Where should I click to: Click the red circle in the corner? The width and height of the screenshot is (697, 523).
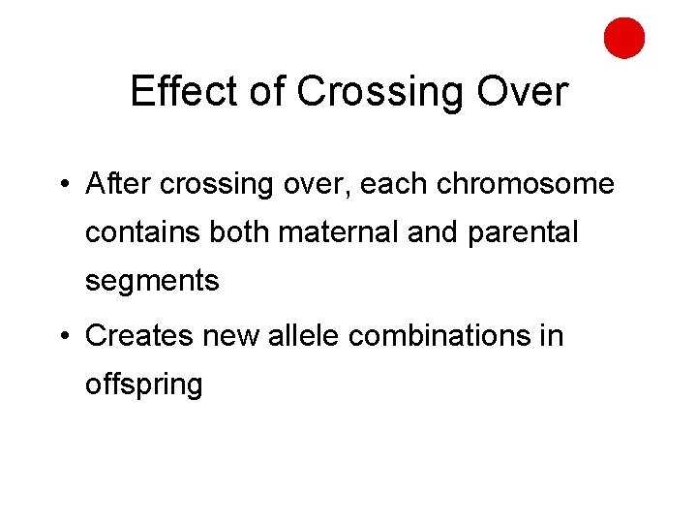[624, 38]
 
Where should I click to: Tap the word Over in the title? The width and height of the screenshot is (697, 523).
[528, 91]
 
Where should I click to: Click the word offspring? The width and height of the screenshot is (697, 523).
[144, 385]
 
